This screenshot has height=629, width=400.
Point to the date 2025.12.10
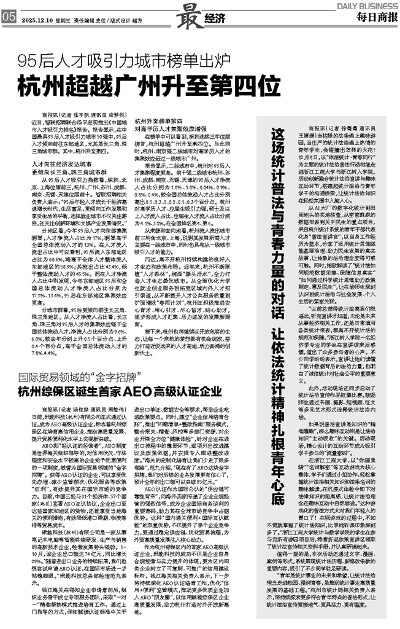pos(37,20)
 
